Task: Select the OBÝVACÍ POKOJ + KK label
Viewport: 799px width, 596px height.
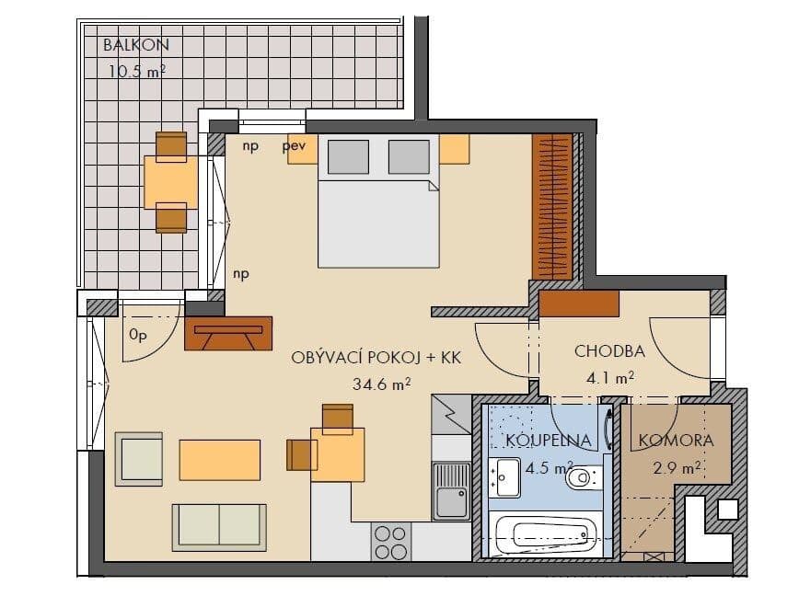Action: coord(376,358)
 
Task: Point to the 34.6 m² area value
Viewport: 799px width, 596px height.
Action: coord(381,385)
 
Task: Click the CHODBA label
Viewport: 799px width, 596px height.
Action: coord(609,350)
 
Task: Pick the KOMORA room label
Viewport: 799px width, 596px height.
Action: coord(677,441)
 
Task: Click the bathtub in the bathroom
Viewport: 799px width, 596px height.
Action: coord(542,534)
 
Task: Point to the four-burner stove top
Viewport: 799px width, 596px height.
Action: coord(390,541)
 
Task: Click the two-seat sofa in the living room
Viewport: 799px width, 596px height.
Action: coord(219,527)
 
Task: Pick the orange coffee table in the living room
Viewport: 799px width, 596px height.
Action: coord(219,459)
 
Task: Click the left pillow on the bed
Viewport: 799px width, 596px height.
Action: coord(344,157)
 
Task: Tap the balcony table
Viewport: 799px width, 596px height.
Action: coord(171,182)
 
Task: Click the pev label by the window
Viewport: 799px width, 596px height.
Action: coord(294,145)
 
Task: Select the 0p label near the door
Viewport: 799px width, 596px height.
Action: coord(137,336)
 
